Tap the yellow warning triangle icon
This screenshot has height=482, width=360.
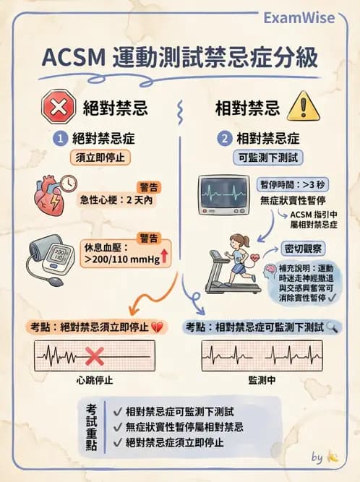[301, 108]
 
